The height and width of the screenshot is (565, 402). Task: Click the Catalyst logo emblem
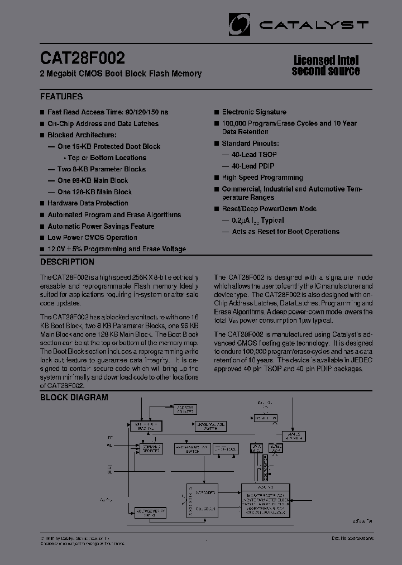(240, 24)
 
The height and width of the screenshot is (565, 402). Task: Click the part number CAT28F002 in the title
(83, 58)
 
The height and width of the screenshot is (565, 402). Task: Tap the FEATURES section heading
(61, 95)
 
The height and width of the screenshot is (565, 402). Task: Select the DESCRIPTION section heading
(67, 262)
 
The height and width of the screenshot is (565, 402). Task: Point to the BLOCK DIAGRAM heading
(74, 398)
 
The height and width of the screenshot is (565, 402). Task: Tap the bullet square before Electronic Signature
(216, 112)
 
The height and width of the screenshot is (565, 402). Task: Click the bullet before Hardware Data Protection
(42, 204)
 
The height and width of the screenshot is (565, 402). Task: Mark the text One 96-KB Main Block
(92, 181)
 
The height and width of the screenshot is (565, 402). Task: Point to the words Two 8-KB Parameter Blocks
(101, 169)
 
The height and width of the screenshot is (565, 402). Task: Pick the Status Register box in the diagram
(294, 435)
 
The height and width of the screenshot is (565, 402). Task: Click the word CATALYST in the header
(314, 25)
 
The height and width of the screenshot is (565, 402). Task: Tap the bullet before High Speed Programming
(216, 178)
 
